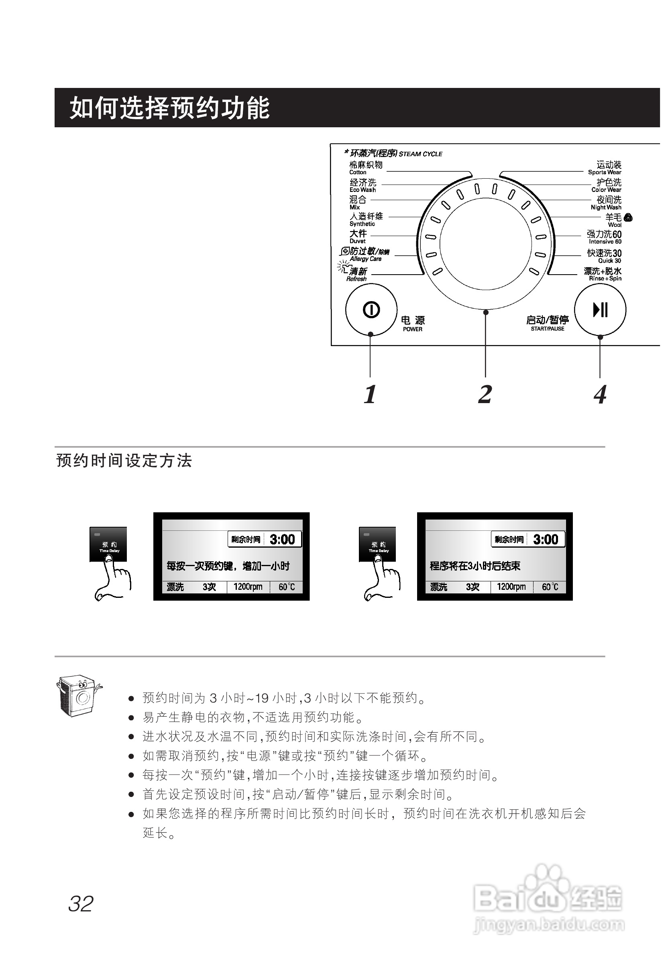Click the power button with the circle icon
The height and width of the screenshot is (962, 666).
point(371,310)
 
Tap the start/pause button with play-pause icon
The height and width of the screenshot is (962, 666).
point(600,310)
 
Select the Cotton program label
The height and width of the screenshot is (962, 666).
point(366,168)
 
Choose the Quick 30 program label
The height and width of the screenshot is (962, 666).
point(604,256)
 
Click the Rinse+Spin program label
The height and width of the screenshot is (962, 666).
point(603,274)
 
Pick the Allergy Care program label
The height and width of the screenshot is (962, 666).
point(366,254)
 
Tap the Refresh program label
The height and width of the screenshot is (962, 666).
point(357,274)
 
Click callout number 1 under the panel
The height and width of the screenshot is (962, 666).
point(370,394)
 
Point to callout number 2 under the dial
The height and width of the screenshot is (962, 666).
point(485,394)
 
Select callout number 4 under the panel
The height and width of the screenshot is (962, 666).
point(600,394)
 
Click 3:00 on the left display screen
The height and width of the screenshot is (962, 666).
point(283,539)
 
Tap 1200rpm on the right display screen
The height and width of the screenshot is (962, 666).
point(511,587)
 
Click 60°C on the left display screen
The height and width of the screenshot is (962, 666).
point(287,587)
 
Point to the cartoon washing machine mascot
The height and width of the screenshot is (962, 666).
point(78,696)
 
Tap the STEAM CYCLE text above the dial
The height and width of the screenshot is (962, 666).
point(420,154)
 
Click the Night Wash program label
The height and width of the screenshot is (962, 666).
point(606,203)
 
